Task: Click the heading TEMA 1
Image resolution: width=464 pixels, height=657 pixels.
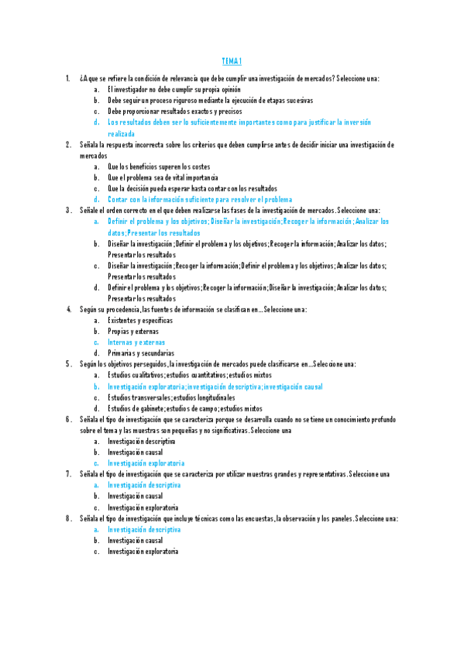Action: click(x=232, y=61)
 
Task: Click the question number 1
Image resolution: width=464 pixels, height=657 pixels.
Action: click(x=68, y=79)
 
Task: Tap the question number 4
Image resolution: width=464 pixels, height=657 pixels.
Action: click(x=68, y=309)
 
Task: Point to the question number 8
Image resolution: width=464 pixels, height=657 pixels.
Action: click(x=68, y=518)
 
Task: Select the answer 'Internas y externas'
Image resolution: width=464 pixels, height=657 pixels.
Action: click(x=136, y=342)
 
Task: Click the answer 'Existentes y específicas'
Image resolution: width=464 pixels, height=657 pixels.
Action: click(x=140, y=320)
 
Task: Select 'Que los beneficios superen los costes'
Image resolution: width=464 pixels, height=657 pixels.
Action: click(x=159, y=167)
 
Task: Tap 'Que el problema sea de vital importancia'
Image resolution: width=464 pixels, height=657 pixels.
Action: click(x=163, y=177)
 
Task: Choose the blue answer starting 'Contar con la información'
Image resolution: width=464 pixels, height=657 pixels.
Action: click(x=200, y=199)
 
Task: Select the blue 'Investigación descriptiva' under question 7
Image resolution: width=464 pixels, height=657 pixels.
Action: click(x=144, y=484)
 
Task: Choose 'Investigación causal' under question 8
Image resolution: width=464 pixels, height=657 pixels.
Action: click(x=135, y=540)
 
